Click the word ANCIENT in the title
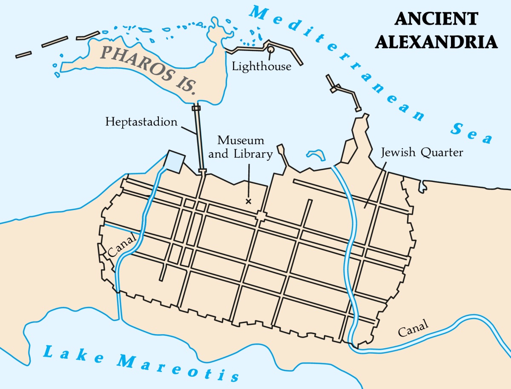coord(436,20)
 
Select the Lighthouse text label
coord(261,66)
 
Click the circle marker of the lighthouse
coord(270,50)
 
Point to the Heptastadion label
coord(141,122)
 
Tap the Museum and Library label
coord(241,147)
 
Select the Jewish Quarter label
coord(422,152)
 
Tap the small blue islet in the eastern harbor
coord(316,153)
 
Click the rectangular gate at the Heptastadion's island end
coord(196,108)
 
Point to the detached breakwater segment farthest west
coord(23,54)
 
